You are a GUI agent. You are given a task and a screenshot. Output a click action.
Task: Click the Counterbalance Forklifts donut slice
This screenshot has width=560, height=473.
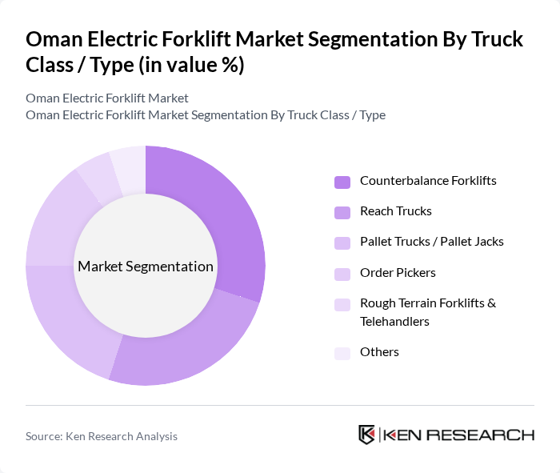click(x=224, y=216)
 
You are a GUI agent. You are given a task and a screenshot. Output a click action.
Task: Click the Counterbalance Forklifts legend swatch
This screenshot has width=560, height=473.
click(x=342, y=182)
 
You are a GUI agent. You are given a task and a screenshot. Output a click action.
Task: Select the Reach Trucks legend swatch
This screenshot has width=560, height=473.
click(x=342, y=212)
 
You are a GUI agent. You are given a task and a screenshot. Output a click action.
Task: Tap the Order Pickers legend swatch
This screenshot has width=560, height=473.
click(x=342, y=274)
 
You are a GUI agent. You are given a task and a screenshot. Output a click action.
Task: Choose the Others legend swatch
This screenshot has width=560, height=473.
click(x=342, y=353)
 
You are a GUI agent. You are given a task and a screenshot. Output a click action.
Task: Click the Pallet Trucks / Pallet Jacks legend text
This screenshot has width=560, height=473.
click(x=431, y=242)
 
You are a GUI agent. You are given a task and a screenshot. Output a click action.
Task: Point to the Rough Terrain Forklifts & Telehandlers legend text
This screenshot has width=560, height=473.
click(x=428, y=312)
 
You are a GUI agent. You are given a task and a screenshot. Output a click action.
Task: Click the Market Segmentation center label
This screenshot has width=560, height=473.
click(x=146, y=267)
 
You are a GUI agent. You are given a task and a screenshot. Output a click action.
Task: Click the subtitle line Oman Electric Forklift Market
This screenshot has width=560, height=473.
click(x=107, y=98)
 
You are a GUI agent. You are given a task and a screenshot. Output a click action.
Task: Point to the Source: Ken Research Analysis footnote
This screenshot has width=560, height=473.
click(x=102, y=436)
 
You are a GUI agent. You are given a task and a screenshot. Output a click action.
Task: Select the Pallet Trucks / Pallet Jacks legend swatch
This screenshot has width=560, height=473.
click(x=342, y=243)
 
